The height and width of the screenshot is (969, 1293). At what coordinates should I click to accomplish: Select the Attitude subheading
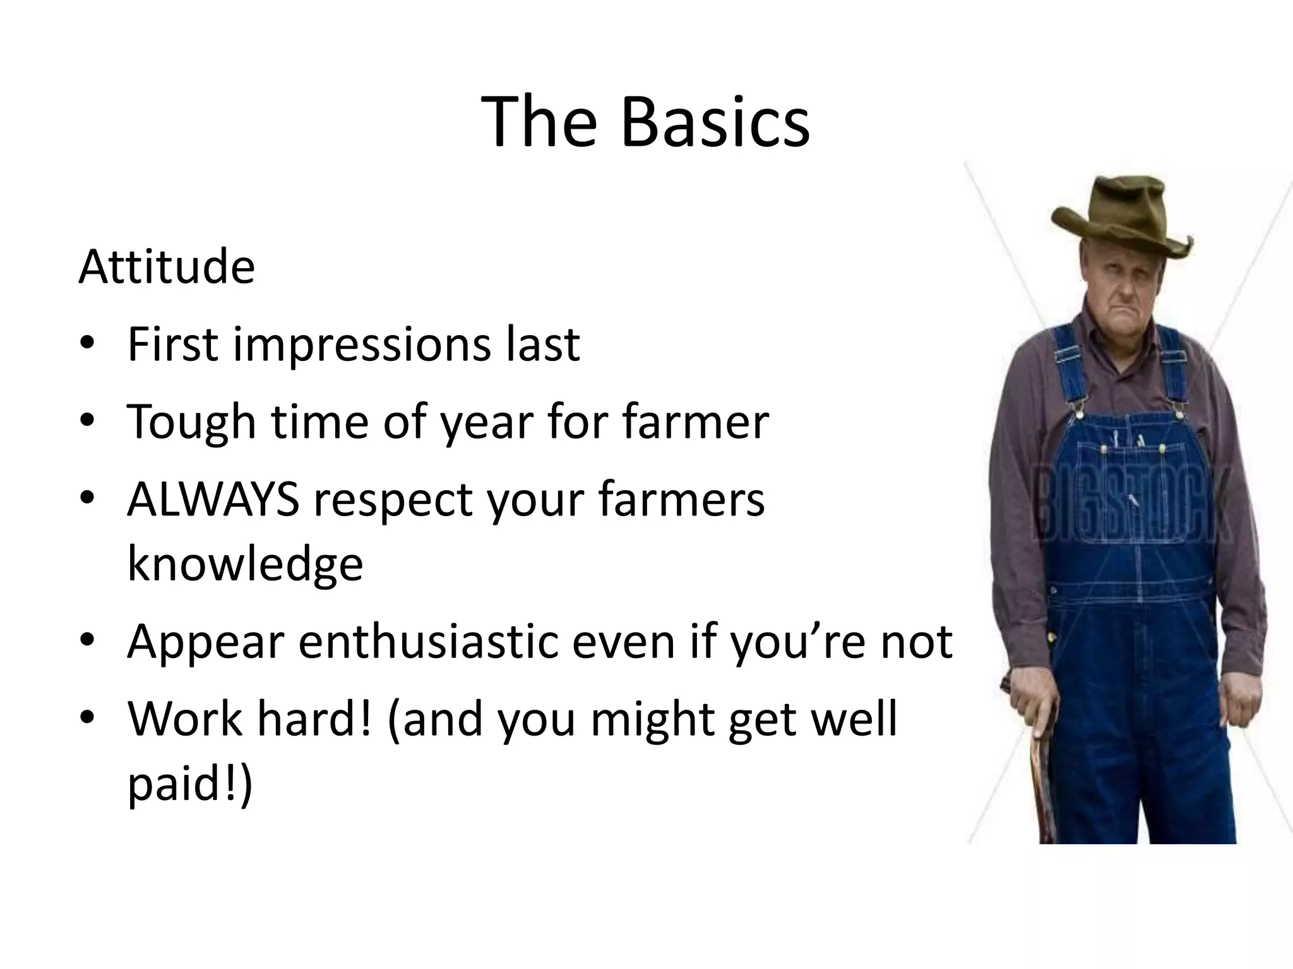click(x=167, y=267)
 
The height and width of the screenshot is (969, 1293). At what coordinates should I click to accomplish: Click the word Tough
click(x=191, y=423)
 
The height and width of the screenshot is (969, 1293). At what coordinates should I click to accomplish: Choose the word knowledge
click(x=245, y=564)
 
